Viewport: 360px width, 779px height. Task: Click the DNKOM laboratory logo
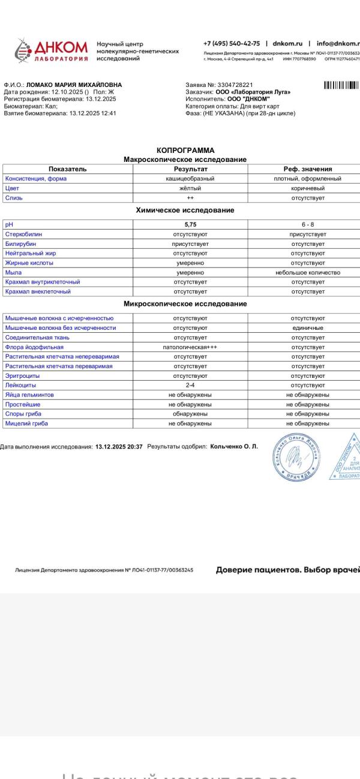(51, 51)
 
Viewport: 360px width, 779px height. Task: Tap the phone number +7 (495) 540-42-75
(232, 44)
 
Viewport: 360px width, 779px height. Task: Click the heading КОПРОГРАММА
(185, 150)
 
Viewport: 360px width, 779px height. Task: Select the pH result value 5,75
(190, 224)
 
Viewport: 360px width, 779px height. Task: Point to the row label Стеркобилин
(24, 234)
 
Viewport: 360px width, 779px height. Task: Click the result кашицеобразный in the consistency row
(190, 179)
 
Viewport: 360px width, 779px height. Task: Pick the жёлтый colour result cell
(190, 188)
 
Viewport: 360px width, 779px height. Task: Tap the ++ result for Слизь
(190, 198)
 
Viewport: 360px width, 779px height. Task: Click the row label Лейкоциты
(21, 385)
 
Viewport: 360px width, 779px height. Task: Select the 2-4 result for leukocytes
(190, 385)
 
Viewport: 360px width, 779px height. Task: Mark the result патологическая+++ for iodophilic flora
(190, 347)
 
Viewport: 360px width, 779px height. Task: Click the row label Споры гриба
(23, 414)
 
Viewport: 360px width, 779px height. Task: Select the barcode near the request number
(341, 85)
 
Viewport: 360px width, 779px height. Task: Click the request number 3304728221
(236, 85)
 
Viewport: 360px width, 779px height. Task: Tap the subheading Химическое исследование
(185, 210)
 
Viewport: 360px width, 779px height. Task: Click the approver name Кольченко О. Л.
(234, 447)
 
